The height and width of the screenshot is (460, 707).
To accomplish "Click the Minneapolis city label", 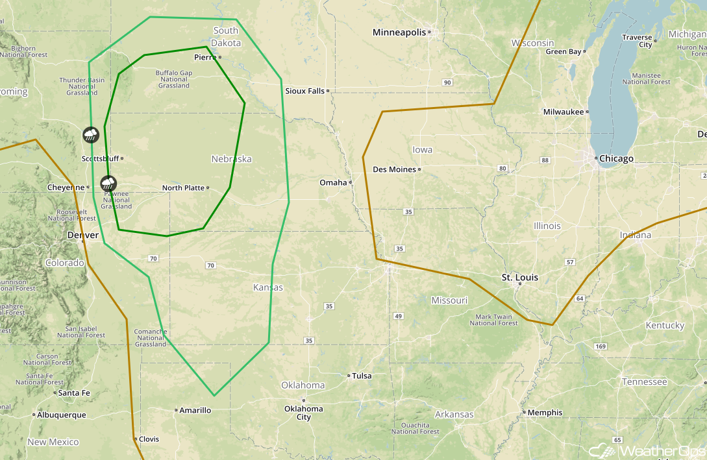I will [x=399, y=32].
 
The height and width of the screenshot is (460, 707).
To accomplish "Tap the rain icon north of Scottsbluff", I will [x=91, y=135].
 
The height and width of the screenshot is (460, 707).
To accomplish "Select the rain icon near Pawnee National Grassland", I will [x=108, y=183].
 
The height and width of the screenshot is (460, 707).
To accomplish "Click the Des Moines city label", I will [x=394, y=170].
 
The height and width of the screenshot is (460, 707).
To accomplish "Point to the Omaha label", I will [x=332, y=183].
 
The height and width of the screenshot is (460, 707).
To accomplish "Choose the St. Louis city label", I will [x=519, y=278].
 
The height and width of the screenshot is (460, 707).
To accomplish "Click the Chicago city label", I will [x=616, y=159].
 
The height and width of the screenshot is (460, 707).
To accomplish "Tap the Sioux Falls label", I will [x=304, y=91].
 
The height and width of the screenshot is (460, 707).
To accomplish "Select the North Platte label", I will [x=183, y=188].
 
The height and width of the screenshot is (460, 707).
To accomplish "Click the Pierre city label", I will [x=205, y=58].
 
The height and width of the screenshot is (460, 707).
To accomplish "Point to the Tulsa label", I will [x=362, y=376].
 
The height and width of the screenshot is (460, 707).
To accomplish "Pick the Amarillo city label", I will [x=195, y=410].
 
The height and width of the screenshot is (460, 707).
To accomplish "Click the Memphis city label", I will [x=544, y=413].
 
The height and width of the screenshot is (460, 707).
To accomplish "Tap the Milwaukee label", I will [x=563, y=112].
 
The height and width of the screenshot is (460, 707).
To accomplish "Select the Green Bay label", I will [x=563, y=51].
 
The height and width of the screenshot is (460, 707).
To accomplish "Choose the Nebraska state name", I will [x=231, y=159].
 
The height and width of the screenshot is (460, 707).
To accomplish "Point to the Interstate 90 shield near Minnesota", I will [x=447, y=82].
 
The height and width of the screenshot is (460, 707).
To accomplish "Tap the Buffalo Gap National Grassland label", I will [x=174, y=79].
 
